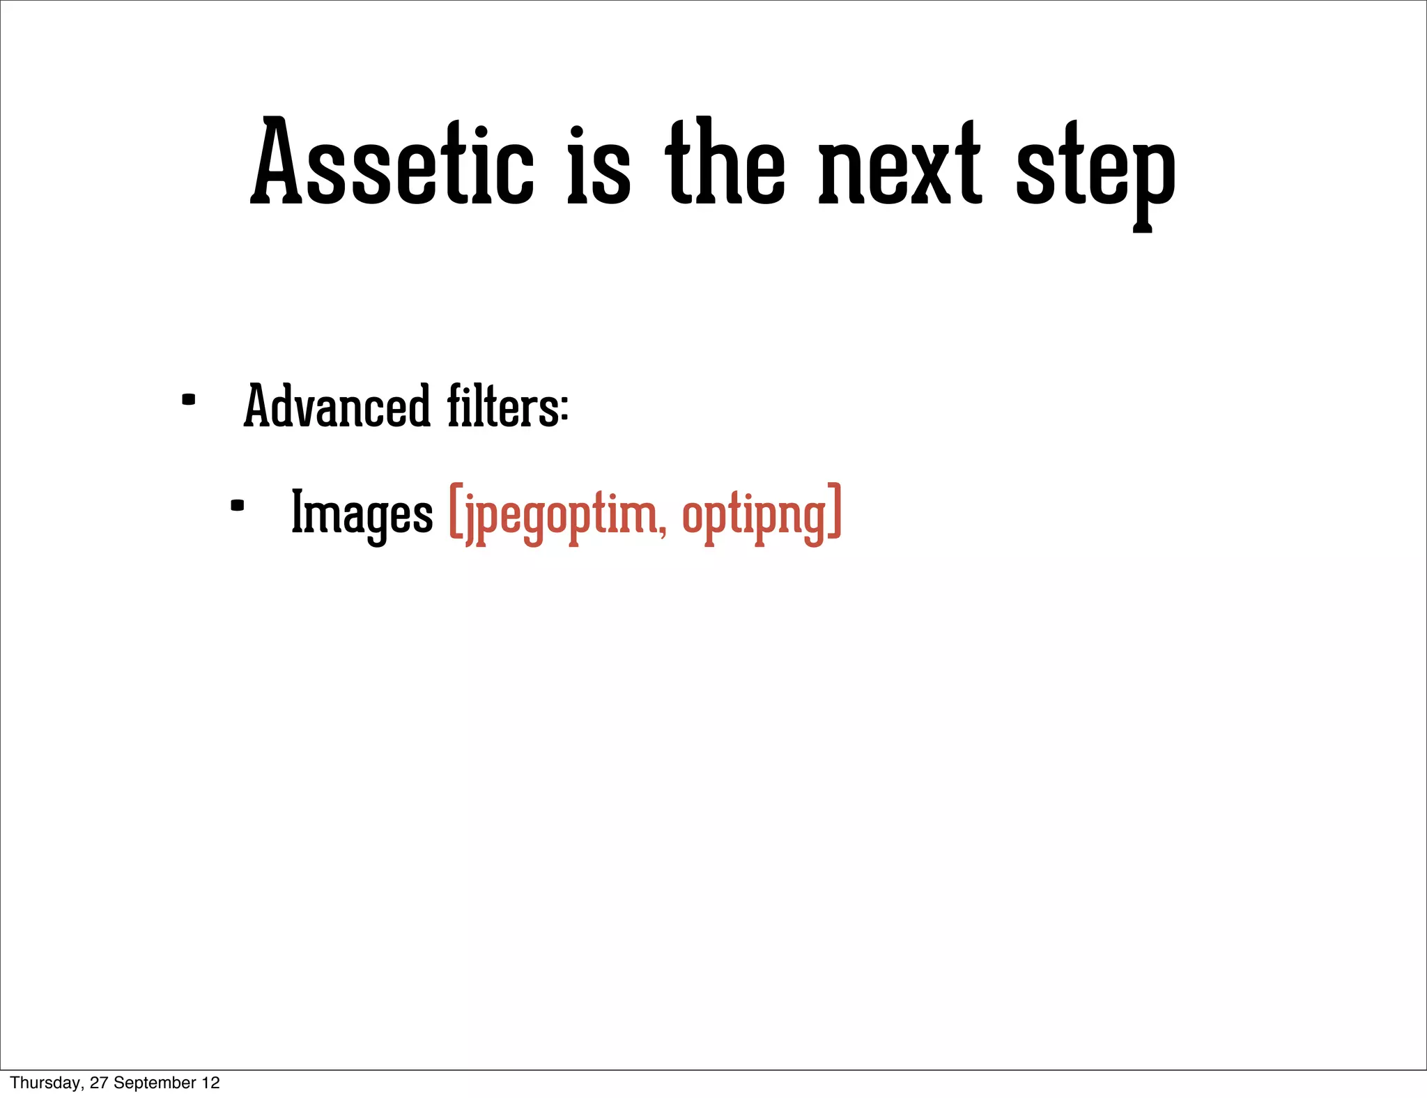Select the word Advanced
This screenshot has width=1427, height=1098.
pos(337,407)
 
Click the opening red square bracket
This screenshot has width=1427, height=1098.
pos(456,511)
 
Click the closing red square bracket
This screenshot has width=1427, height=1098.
pos(835,511)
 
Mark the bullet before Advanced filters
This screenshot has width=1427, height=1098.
pos(188,400)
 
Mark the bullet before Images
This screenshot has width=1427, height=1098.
pos(237,506)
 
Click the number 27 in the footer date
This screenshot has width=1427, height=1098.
pos(99,1083)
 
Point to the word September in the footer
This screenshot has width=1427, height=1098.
pos(155,1083)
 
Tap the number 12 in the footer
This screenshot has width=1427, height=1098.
pos(211,1083)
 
